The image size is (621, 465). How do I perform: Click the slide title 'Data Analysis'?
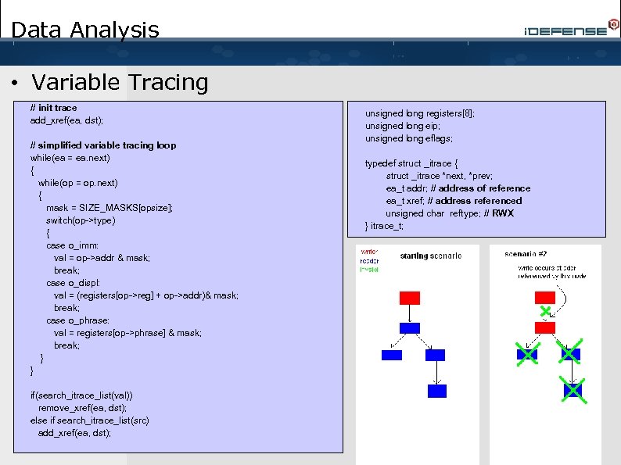[x=85, y=30]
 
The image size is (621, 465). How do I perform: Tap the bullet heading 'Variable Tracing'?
[x=120, y=82]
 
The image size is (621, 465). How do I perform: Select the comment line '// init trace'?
[x=53, y=108]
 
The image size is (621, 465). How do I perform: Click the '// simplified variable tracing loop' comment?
[x=102, y=145]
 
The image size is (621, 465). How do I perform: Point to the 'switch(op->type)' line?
[x=81, y=220]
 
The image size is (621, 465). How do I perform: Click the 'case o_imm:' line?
[x=72, y=245]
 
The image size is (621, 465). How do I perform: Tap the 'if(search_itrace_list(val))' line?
[x=86, y=395]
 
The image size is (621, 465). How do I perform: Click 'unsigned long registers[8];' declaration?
[x=419, y=113]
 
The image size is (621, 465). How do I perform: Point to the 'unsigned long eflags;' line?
[x=408, y=138]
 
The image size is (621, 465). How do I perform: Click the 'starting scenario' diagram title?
[x=430, y=256]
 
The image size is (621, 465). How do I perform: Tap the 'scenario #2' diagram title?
[x=526, y=254]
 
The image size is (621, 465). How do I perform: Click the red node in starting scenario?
[x=409, y=298]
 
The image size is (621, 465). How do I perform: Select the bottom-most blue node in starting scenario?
[x=436, y=391]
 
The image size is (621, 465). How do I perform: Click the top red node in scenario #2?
[x=544, y=298]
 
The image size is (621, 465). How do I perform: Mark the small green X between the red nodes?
[x=544, y=312]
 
